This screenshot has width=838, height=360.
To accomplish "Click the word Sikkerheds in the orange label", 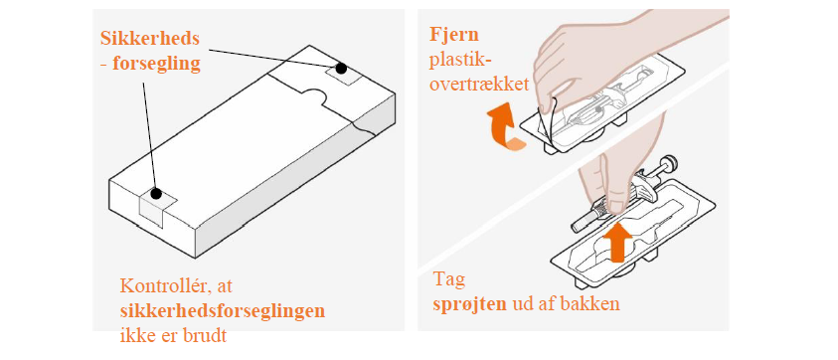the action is click(x=150, y=39).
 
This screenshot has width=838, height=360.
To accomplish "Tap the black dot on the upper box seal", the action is click(x=340, y=68).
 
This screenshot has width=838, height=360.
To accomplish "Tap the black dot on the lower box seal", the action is click(x=155, y=194).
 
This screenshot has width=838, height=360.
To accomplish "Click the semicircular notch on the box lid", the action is click(x=316, y=95).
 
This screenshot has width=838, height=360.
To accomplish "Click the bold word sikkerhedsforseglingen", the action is click(x=223, y=312).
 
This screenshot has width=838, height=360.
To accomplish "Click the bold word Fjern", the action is click(x=454, y=36).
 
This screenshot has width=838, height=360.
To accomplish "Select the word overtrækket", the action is click(x=479, y=85).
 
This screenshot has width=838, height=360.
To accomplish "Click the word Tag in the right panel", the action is click(x=449, y=280).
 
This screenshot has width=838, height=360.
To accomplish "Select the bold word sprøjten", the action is click(x=470, y=304).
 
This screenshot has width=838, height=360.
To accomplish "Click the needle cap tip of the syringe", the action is click(x=577, y=227).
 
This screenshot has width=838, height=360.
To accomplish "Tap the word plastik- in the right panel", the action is click(x=460, y=61).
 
